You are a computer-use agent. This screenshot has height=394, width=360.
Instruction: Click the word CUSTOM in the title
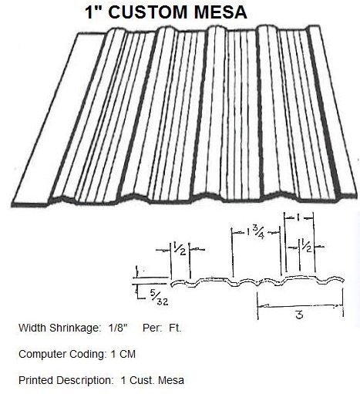coord(148,12)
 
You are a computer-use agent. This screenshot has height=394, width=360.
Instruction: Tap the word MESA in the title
coord(220,12)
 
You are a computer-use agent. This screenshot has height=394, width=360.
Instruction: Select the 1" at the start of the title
coord(93,12)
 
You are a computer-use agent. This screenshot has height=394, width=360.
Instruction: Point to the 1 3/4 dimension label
coord(256,233)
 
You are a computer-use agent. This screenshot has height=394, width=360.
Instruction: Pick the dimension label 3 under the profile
coord(299,315)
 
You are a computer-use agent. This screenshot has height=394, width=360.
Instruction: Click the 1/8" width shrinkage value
coord(118,328)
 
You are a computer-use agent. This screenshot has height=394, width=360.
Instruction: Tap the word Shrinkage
coord(74,328)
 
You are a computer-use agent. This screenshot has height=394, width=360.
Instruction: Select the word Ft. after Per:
coord(175,328)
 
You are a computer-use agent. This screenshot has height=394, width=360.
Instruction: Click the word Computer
coord(43,355)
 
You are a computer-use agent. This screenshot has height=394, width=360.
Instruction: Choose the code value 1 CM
coord(123,354)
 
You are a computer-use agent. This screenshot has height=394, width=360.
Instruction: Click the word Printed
coord(35,380)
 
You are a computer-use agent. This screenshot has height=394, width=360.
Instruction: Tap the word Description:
coord(85,381)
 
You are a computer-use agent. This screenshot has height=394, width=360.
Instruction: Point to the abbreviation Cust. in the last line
coord(142,380)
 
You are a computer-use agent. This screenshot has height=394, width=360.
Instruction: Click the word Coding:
coord(88,355)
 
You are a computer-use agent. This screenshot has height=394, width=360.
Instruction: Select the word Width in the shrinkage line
coord(32,328)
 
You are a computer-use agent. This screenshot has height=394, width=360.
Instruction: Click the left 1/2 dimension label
coord(180,248)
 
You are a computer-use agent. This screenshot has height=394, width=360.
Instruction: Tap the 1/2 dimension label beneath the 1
coord(307,245)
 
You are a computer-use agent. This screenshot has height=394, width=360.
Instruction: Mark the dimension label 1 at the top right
coord(298,218)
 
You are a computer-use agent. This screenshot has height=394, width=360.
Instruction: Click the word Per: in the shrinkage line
coord(152,328)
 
